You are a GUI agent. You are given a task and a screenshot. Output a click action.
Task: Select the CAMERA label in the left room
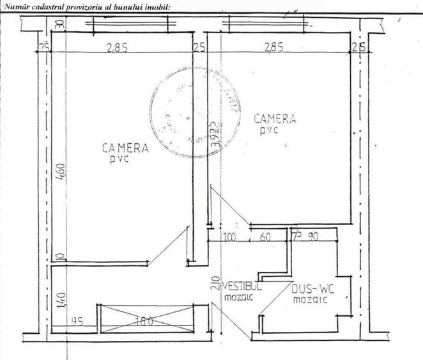click(125, 148)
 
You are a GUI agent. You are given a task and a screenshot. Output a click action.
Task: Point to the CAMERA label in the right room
click(275, 118)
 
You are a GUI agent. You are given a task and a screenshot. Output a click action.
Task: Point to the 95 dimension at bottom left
click(79, 321)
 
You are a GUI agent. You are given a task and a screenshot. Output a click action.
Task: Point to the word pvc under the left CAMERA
click(119, 159)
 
